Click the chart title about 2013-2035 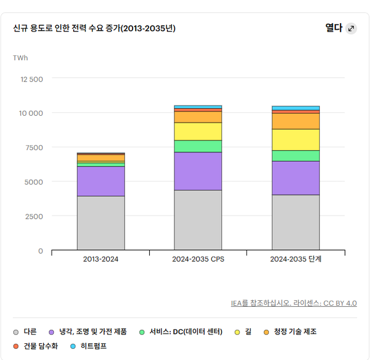94,28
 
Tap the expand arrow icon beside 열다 351,28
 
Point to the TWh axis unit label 21,58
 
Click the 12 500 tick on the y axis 32,79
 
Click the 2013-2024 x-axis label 100,259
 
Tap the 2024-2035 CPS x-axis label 198,259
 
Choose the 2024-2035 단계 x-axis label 296,259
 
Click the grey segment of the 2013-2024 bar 100,223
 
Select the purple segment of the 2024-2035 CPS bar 198,171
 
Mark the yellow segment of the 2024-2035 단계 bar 296,140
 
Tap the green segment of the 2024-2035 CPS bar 198,146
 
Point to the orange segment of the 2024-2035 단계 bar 296,121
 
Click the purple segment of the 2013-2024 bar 100,181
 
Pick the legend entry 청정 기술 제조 295,332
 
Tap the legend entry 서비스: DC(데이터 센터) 185,332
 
